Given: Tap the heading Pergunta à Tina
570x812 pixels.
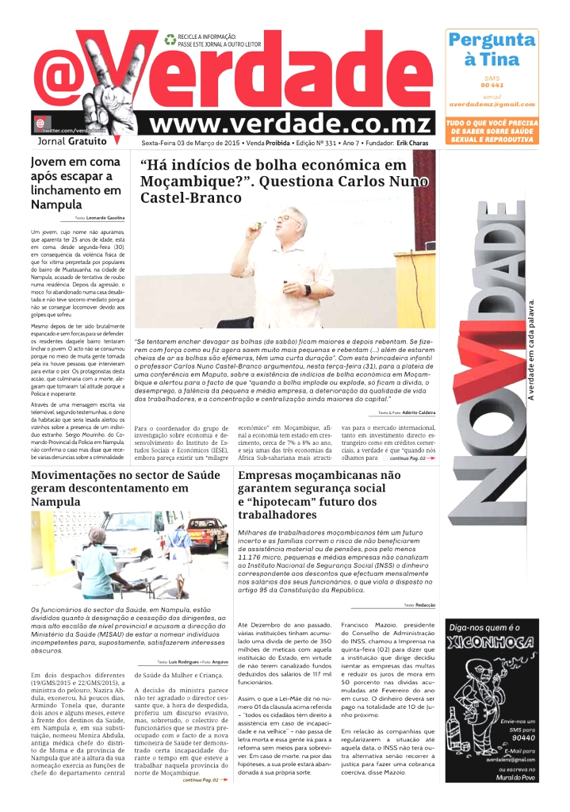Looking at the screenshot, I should [492, 49].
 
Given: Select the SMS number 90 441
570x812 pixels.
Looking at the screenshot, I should [492, 85].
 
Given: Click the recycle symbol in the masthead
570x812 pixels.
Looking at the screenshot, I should [170, 38].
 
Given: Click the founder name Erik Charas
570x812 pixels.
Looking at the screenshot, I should [414, 143].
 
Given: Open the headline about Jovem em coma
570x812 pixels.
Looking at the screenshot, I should [75, 182].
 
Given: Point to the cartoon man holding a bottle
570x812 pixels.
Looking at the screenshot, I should [476, 698].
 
